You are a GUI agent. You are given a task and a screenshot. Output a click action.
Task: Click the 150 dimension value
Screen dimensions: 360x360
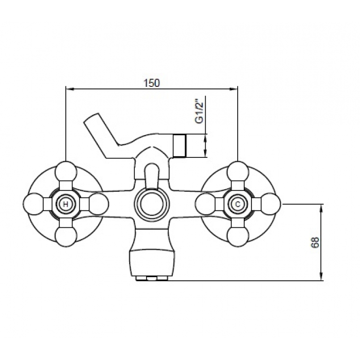[x=151, y=83]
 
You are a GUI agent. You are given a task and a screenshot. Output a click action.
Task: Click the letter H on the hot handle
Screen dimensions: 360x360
[x=66, y=204]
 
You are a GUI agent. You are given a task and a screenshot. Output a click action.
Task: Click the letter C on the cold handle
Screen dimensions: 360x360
[x=238, y=204]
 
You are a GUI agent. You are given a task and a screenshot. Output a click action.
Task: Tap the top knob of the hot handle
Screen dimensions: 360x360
[x=66, y=172]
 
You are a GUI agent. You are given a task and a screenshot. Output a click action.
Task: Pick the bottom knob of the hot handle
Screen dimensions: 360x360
[x=66, y=237]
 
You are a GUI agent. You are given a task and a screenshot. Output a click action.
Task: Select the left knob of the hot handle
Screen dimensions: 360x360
[x=33, y=204]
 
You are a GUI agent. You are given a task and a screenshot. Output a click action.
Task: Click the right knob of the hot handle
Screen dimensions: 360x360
[x=98, y=204]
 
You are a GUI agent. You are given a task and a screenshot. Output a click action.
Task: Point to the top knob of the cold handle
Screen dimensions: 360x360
[x=238, y=172]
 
